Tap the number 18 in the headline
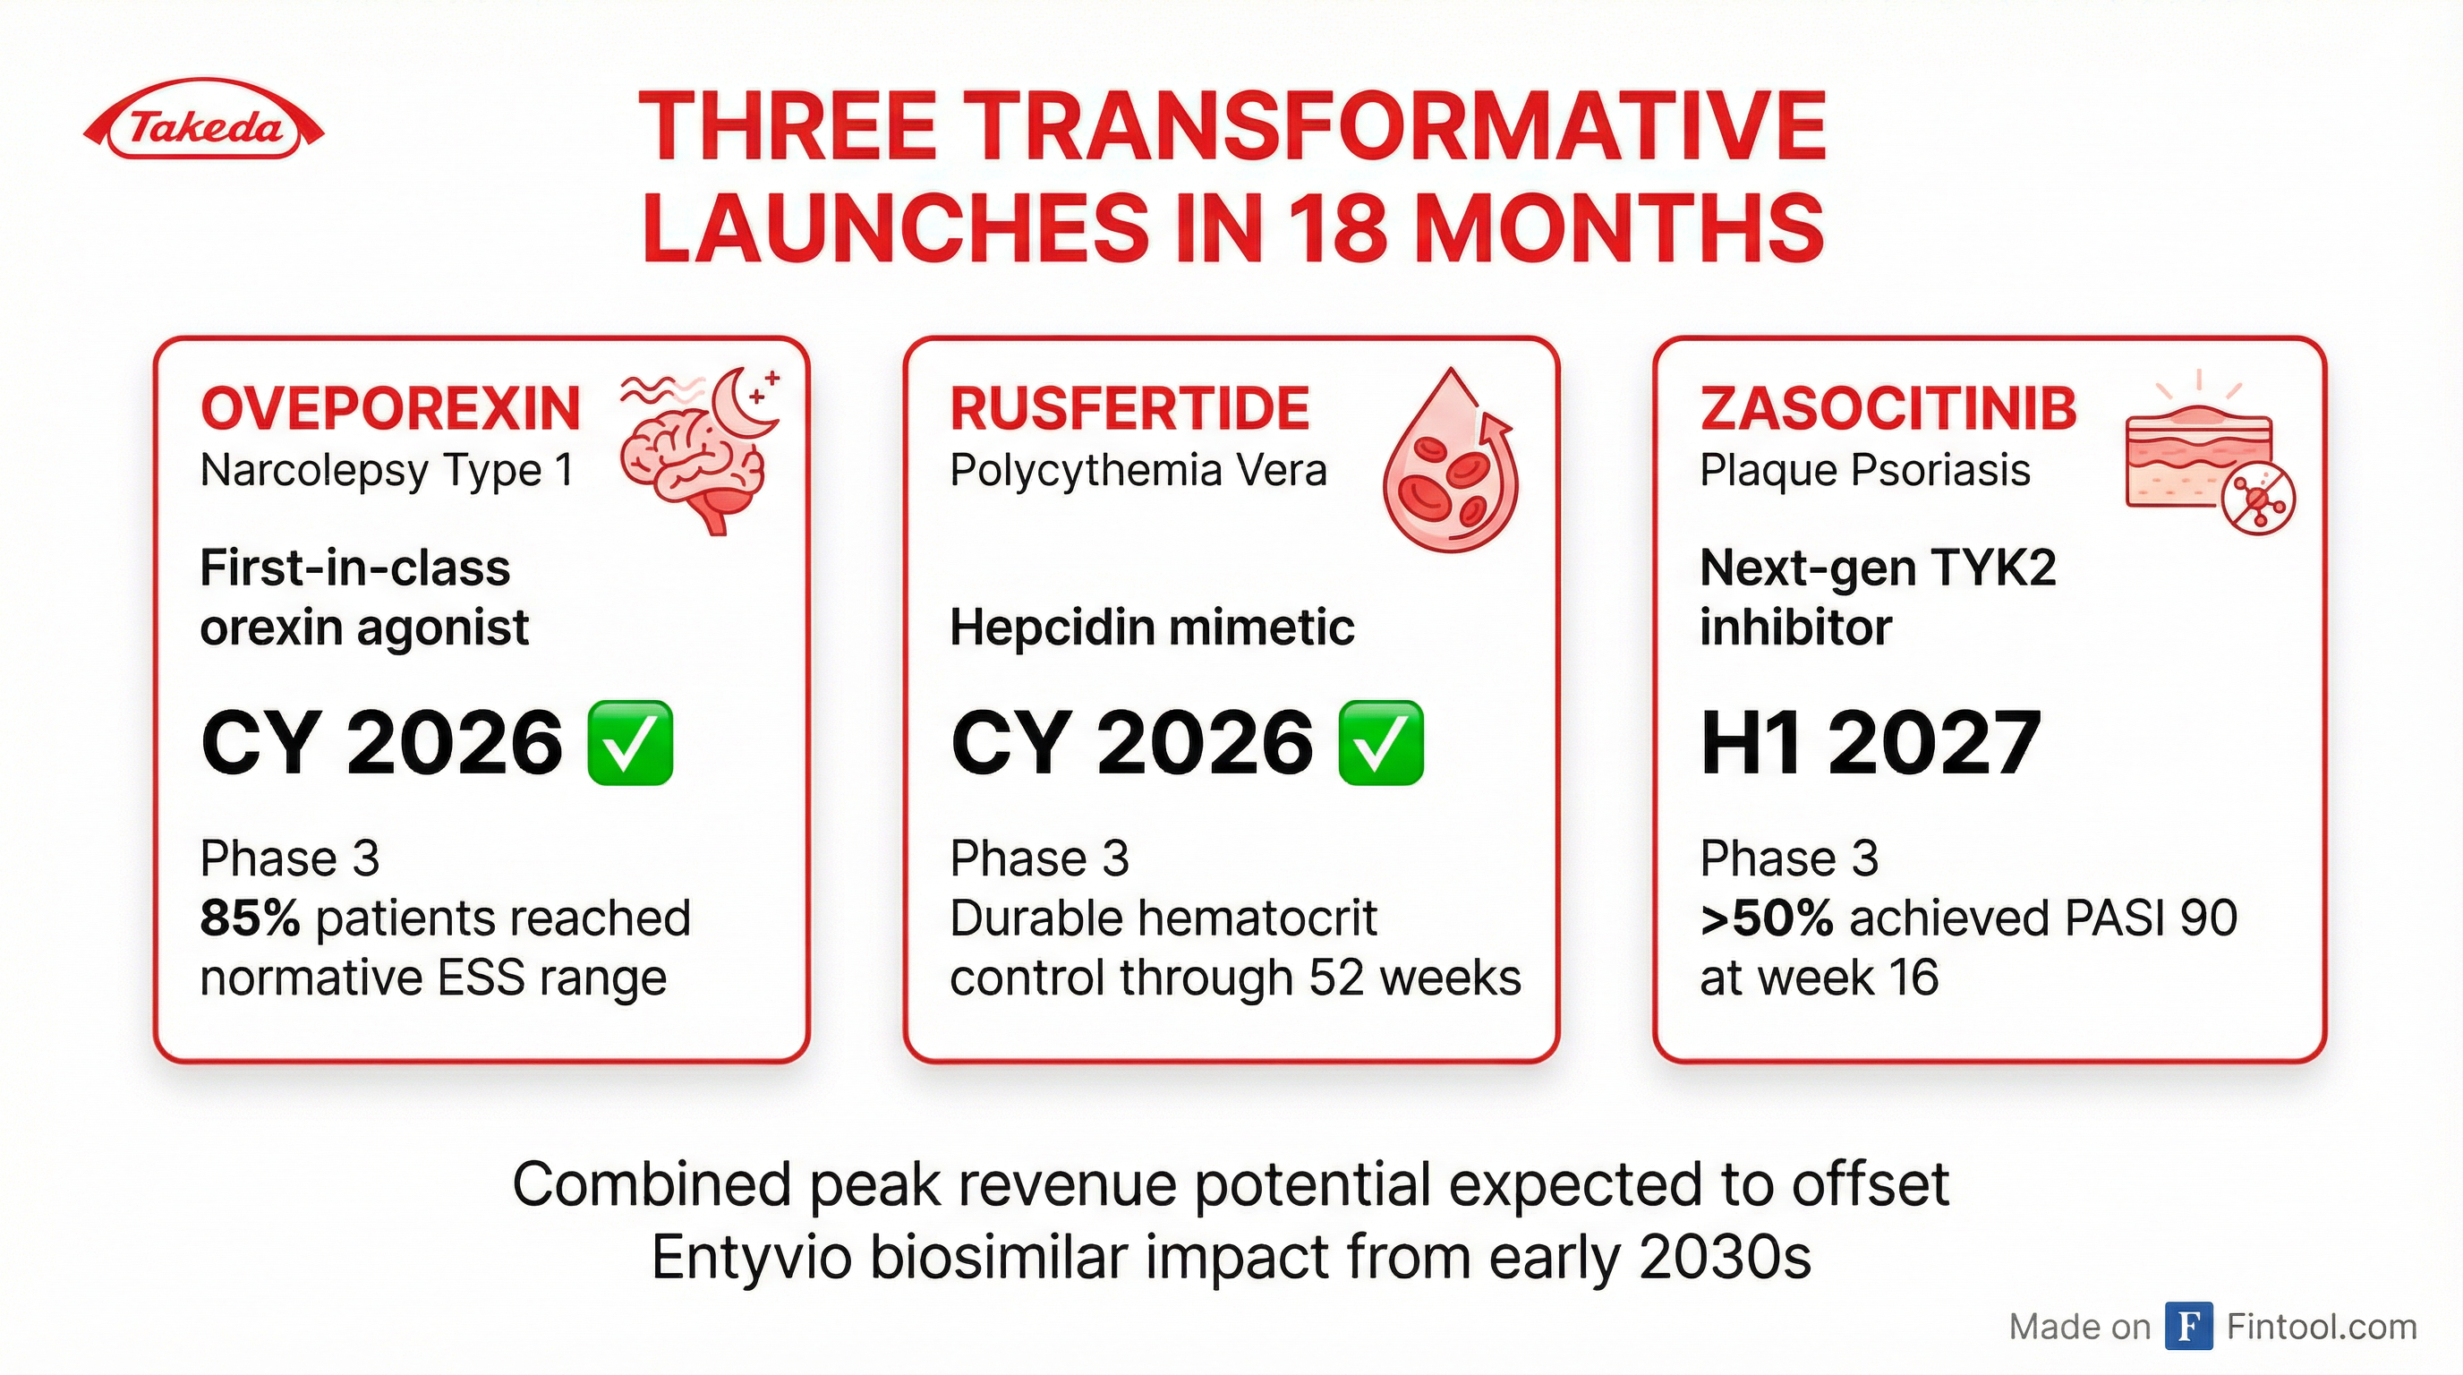1334,228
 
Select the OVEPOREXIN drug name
390,408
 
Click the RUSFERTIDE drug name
1129,408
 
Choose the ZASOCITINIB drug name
1888,408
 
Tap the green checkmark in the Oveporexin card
630,743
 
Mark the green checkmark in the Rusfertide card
1381,743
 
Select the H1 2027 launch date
1871,743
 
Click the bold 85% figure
250,918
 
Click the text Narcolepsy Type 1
388,472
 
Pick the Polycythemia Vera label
1138,472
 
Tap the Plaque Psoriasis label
1865,472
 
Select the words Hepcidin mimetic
1152,628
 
